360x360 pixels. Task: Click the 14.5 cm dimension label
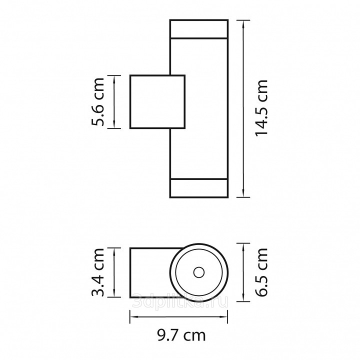click(x=261, y=108)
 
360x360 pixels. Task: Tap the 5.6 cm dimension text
click(x=98, y=102)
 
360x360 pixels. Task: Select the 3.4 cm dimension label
click(x=98, y=272)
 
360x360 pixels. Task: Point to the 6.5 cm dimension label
click(x=261, y=272)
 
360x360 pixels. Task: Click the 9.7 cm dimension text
click(x=181, y=335)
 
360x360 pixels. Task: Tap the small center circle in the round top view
click(x=199, y=272)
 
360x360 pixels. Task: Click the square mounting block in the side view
click(x=157, y=101)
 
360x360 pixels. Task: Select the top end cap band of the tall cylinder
click(x=199, y=28)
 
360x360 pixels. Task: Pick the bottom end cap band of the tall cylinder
click(x=199, y=188)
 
